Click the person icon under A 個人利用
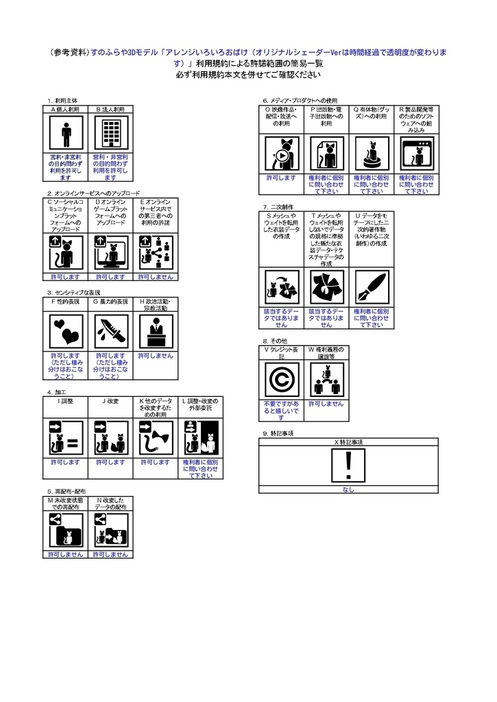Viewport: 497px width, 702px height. click(x=66, y=133)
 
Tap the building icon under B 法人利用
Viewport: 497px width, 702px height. click(x=110, y=133)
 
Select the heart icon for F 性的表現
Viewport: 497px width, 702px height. click(x=66, y=332)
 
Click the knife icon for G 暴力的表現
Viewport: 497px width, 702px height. click(x=110, y=332)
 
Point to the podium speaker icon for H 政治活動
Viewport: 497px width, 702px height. click(x=156, y=332)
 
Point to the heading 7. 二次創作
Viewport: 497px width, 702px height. click(x=278, y=206)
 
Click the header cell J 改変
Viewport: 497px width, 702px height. click(x=110, y=400)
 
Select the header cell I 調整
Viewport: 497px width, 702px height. click(x=66, y=400)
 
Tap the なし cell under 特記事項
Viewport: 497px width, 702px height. click(x=349, y=489)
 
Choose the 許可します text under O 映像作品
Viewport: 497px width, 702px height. click(x=281, y=178)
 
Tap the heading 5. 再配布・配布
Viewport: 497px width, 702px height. click(x=66, y=492)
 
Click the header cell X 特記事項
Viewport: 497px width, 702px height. click(x=349, y=442)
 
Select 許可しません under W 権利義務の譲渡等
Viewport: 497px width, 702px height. click(x=326, y=404)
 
